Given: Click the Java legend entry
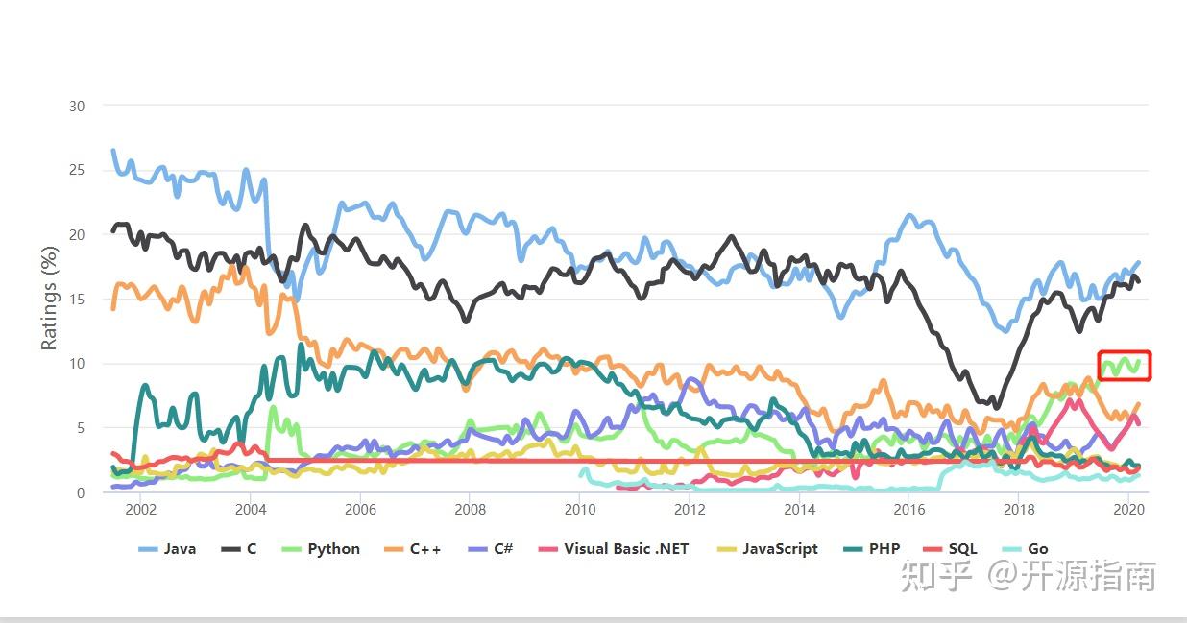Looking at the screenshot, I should tap(168, 549).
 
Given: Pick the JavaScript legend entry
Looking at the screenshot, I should tap(767, 549).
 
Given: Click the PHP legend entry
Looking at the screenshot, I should tap(872, 549).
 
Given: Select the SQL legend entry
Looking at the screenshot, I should tap(950, 549).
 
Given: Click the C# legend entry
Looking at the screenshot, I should tap(491, 549).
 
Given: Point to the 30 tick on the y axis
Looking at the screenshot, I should tap(77, 106).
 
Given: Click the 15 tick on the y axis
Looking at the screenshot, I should tap(77, 300).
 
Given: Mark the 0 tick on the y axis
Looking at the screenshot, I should tap(81, 492).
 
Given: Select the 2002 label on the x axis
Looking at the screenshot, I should tap(140, 510).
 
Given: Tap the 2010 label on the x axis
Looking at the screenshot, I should tap(579, 510).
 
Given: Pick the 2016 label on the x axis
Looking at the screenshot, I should tap(908, 510).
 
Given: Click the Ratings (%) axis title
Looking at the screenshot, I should tap(50, 299).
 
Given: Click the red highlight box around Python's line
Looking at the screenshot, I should tap(1124, 365).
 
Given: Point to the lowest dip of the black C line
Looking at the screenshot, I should tap(995, 406).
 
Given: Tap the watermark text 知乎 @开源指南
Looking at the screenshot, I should tap(1028, 576).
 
